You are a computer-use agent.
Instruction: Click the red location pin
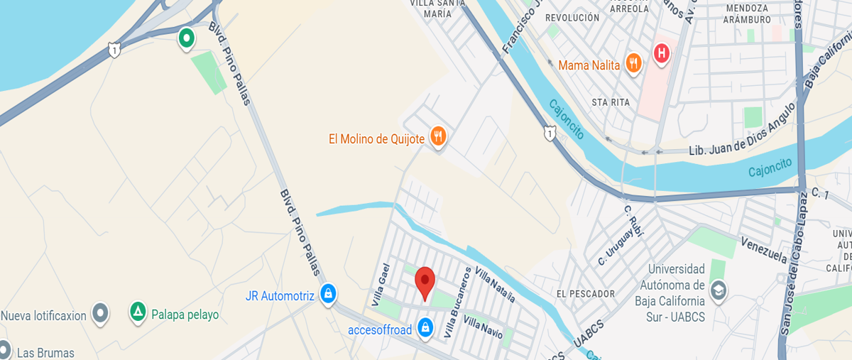pos(425,283)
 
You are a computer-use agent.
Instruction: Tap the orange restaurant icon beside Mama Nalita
pos(634,65)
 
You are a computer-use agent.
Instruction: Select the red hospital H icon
pos(661,53)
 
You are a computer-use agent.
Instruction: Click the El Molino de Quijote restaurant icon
pos(438,137)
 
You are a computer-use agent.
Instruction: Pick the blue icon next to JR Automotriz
pos(327,294)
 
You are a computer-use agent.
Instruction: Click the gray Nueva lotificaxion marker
pos(101,312)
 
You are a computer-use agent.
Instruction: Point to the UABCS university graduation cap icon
pos(719,290)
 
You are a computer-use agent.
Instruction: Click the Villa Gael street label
pos(382,284)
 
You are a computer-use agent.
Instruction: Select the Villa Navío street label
pos(483,327)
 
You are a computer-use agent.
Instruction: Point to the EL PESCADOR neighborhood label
pos(586,294)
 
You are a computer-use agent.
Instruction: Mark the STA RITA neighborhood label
pos(611,102)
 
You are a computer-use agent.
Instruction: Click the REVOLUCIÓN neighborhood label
pos(573,18)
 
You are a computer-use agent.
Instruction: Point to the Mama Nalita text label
pos(589,65)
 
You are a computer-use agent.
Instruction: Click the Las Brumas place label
pos(45,352)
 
